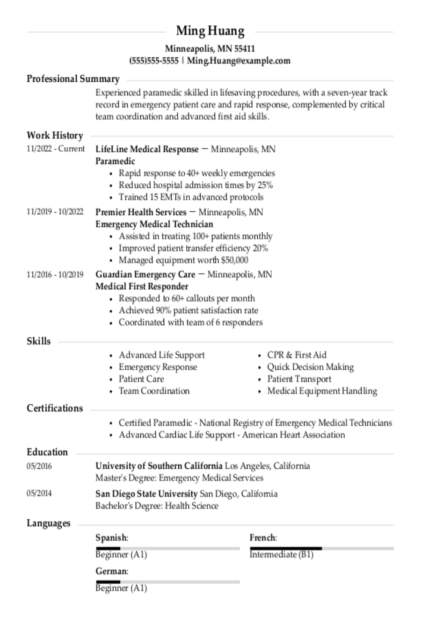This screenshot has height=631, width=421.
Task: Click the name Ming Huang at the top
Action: coord(210,31)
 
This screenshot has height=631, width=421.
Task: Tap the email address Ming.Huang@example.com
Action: coord(239,60)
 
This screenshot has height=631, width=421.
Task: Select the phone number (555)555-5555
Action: coord(154,60)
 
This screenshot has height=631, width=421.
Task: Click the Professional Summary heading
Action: coord(73,79)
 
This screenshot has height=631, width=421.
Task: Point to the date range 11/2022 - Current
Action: coord(56,149)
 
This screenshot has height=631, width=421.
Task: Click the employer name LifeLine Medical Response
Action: coord(147,149)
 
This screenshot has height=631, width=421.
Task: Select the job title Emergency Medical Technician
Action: coord(154,224)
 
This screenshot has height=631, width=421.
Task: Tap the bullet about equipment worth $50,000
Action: coord(183,260)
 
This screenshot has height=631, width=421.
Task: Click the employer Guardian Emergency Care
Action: coord(145,274)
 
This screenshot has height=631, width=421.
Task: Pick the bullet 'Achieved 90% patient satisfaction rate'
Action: coord(188,310)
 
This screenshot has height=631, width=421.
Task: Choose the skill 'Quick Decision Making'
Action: coord(310,367)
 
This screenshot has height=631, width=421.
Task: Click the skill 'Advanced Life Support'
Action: coord(161,355)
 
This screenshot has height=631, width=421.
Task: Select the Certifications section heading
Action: coord(55,408)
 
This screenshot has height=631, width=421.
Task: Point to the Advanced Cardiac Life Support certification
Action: coord(232,435)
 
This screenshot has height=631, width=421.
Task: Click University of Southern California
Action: coord(159,466)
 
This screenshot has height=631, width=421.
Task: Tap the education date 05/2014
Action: coord(39,493)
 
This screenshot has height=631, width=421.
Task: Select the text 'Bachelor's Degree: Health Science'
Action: coord(157,506)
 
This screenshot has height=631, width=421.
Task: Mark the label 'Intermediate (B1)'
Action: coord(281,555)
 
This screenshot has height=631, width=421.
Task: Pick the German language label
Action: coord(111,571)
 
